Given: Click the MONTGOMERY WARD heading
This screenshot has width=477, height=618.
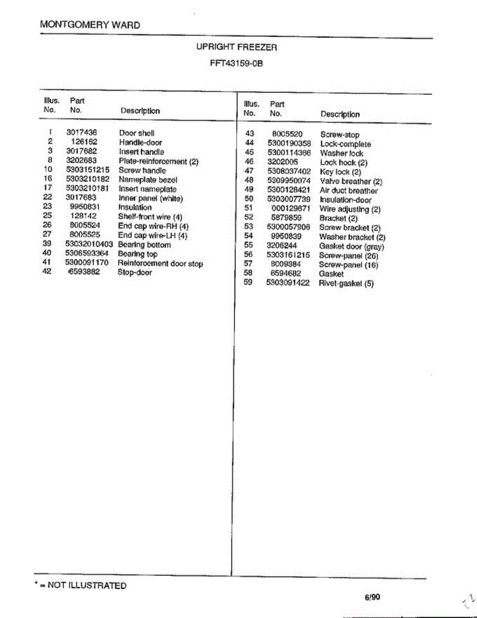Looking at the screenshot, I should point(90,25).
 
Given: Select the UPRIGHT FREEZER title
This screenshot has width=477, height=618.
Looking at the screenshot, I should point(236,47).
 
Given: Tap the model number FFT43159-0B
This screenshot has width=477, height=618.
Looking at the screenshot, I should point(236,64).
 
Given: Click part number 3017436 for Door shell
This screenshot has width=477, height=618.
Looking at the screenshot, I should point(82,133).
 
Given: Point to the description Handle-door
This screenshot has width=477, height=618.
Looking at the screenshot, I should point(140,142).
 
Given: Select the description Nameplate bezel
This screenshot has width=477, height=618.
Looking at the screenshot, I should point(148,180).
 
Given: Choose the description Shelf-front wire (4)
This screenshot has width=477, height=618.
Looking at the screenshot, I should point(150,217).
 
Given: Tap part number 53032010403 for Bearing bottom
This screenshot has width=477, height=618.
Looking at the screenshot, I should point(89,245).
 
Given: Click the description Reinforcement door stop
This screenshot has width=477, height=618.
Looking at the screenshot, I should point(160,264).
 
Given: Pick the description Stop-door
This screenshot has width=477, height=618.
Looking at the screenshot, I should point(135,272).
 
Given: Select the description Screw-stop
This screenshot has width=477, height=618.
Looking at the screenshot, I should point(340,135).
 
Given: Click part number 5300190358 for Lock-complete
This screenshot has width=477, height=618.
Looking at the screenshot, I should point(289,144).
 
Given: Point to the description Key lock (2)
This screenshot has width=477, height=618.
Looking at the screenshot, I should point(340,172).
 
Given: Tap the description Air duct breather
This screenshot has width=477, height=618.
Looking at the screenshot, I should point(348,191).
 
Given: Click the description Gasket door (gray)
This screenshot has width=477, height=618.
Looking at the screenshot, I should point(351,246).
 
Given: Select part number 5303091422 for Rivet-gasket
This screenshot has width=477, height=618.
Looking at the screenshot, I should point(288,283).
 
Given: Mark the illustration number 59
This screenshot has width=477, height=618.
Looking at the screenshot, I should point(248,282).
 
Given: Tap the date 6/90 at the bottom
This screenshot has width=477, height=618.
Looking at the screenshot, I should point(372,597).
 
